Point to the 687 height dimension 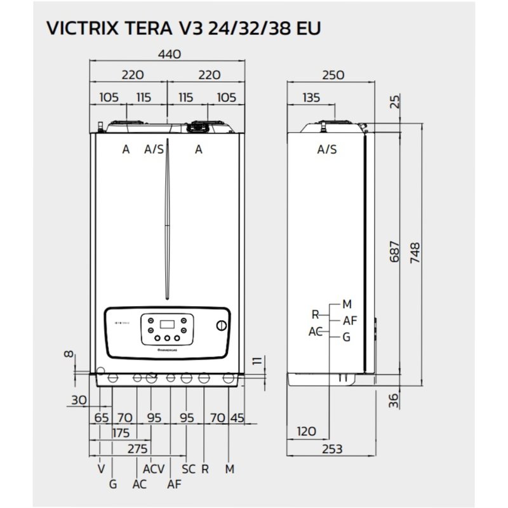click(394, 253)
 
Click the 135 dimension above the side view click(311, 98)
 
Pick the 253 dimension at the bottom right click(331, 449)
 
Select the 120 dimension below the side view click(306, 432)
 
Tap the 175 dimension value click(120, 433)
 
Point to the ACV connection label click(154, 469)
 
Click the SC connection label click(188, 469)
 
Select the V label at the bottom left click(101, 469)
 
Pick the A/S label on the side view click(327, 150)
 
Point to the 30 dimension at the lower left click(78, 401)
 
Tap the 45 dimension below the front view click(237, 418)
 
